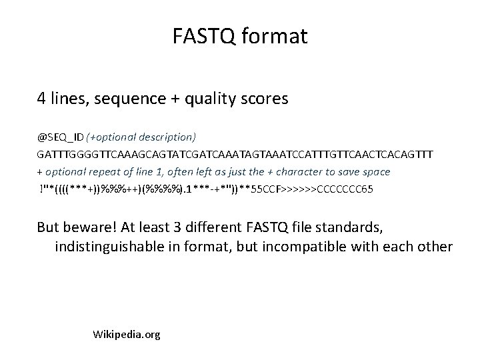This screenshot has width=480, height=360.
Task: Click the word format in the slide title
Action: click(275, 36)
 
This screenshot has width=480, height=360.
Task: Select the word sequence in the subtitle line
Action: click(127, 100)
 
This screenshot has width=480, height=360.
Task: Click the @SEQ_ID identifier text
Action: click(60, 137)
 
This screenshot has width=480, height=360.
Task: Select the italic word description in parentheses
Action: click(165, 137)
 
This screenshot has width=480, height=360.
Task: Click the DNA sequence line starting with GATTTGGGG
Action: click(235, 155)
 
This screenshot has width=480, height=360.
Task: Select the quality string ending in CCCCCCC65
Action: click(205, 189)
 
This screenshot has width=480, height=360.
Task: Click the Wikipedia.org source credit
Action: click(127, 334)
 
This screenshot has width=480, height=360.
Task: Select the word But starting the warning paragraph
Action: click(48, 229)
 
